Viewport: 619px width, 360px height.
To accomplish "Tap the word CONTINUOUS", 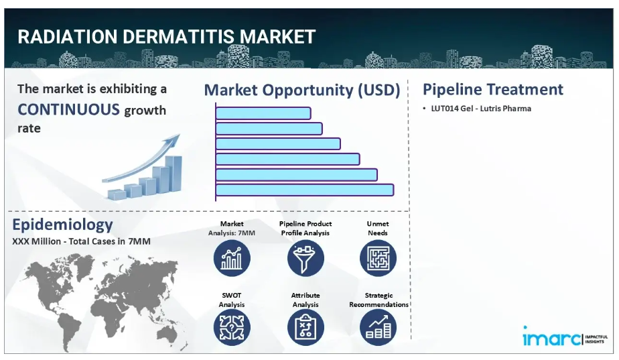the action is pyautogui.click(x=68, y=109).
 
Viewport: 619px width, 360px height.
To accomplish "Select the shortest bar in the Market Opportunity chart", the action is pyautogui.click(x=263, y=113).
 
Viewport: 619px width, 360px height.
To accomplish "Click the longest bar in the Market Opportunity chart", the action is pyautogui.click(x=305, y=190).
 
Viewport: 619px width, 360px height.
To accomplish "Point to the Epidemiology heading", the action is pyautogui.click(x=62, y=225).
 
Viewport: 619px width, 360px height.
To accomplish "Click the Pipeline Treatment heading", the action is pyautogui.click(x=492, y=89).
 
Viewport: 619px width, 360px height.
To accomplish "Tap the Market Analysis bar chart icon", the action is pyautogui.click(x=232, y=259).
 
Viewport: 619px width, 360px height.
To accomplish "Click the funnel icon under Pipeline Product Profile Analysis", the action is pyautogui.click(x=305, y=259).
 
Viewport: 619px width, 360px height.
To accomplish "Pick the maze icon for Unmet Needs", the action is pyautogui.click(x=379, y=259).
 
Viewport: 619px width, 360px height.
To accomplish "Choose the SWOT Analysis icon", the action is pyautogui.click(x=232, y=328).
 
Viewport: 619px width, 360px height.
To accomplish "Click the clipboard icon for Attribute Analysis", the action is pyautogui.click(x=305, y=328).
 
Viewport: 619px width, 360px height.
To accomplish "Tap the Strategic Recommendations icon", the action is pyautogui.click(x=379, y=328).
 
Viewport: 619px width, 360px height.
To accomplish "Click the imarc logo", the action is pyautogui.click(x=565, y=337).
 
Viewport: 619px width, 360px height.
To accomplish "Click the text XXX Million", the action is pyautogui.click(x=36, y=241).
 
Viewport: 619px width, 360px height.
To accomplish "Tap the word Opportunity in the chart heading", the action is pyautogui.click(x=308, y=91).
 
